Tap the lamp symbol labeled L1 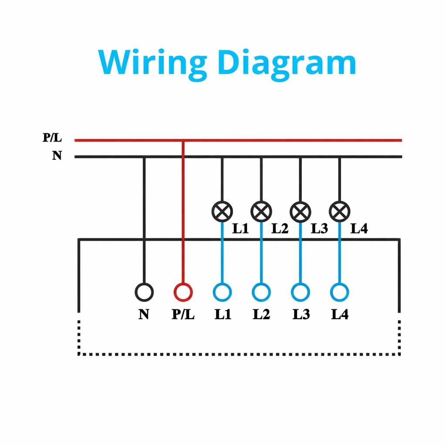click(222, 212)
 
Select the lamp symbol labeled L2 click(261, 212)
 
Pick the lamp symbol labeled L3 click(300, 212)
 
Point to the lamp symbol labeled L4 click(339, 212)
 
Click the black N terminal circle click(144, 292)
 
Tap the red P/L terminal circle click(183, 292)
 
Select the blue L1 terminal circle click(222, 292)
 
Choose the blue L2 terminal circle click(261, 292)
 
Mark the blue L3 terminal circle click(300, 292)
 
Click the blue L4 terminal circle click(339, 292)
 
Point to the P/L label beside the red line click(52, 139)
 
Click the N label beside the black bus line click(57, 155)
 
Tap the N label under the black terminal click(144, 314)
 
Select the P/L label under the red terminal click(183, 314)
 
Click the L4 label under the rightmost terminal click(340, 314)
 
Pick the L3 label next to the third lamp click(319, 229)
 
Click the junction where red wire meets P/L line click(183, 140)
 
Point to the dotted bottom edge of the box click(239, 354)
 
